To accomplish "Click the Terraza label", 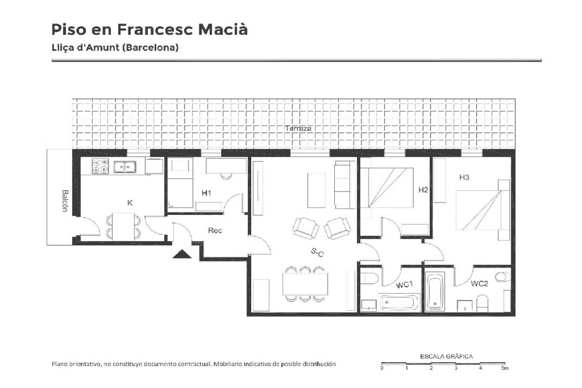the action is point(298,128).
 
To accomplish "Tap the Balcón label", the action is point(65,201).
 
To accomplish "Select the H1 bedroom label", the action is point(206,193).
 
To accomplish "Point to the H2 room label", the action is point(423,190).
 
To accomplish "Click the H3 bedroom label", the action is point(464,177).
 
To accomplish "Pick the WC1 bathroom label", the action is point(404,285).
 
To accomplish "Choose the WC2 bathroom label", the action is point(479,284).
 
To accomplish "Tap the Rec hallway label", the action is point(215,230).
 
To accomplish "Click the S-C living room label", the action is point(317,252).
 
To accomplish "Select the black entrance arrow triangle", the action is point(182,255).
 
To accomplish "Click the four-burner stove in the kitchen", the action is point(100,166).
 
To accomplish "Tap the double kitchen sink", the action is point(125,167).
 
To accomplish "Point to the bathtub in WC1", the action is point(398,303).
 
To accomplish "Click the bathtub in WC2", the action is point(436,292).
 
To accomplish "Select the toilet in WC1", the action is point(369,279).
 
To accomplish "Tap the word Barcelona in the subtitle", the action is point(151,48).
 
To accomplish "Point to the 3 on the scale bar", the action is point(456,368).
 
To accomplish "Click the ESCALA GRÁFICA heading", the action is point(446,356).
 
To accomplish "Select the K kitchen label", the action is point(129,203).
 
